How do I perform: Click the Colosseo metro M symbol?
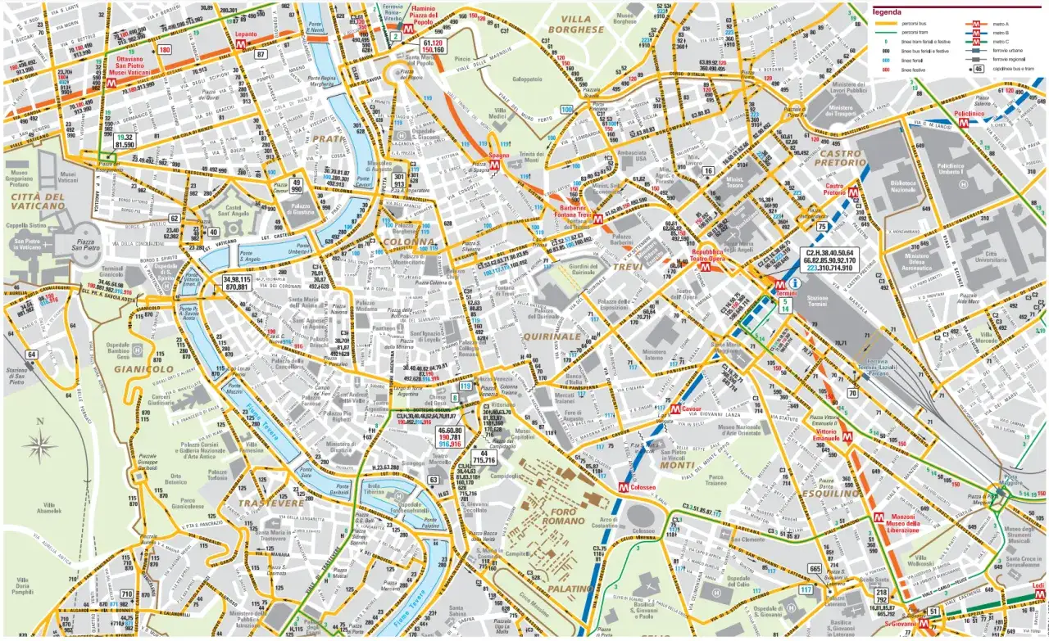click(624, 486)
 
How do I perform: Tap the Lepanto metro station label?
click(245, 34)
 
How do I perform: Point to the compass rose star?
click(39, 446)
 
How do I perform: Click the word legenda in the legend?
click(888, 12)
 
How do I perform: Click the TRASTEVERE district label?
click(270, 503)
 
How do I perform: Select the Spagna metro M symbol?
click(495, 165)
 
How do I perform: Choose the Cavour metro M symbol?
click(674, 409)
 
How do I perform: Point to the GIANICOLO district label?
click(143, 369)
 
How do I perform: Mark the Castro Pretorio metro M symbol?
click(853, 195)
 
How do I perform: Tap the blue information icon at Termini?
click(795, 282)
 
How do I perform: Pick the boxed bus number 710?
click(126, 594)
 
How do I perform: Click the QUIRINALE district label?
click(552, 336)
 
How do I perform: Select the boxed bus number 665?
click(815, 568)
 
